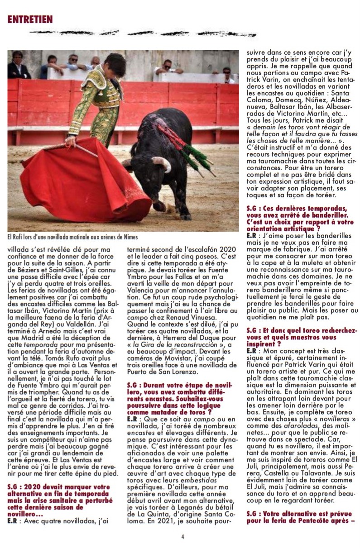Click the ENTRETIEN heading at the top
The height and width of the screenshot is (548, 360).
pyautogui.click(x=30, y=19)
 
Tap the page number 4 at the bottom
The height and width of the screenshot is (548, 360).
pyautogui.click(x=182, y=537)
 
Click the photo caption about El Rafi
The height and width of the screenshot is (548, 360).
pyautogui.click(x=72, y=237)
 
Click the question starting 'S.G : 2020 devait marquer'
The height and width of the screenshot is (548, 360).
pyautogui.click(x=59, y=497)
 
